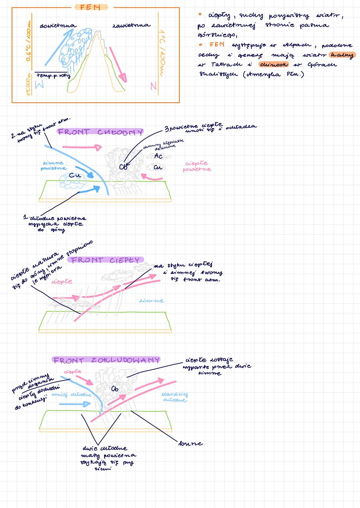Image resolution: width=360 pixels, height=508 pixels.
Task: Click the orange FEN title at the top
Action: pyautogui.click(x=90, y=7)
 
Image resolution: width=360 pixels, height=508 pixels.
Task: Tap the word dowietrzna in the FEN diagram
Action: pyautogui.click(x=58, y=26)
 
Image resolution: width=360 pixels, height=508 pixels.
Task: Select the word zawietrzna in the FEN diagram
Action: pyautogui.click(x=131, y=25)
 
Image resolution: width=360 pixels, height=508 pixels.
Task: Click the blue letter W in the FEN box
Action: pyautogui.click(x=39, y=85)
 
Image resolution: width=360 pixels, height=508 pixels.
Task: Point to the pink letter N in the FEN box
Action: pyautogui.click(x=153, y=86)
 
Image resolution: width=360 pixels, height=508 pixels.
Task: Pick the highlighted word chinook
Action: pyautogui.click(x=274, y=64)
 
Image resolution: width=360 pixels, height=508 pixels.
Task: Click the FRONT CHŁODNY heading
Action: pyautogui.click(x=100, y=132)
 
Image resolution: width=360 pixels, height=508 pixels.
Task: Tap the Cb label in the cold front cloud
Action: pyautogui.click(x=123, y=167)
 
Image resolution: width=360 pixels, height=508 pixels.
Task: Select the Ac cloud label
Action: pyautogui.click(x=158, y=156)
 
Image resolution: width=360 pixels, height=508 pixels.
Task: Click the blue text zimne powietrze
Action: pyautogui.click(x=53, y=166)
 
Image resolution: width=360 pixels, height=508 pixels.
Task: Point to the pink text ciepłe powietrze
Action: pyautogui.click(x=197, y=166)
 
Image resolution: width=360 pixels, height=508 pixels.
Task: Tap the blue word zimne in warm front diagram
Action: pyautogui.click(x=151, y=301)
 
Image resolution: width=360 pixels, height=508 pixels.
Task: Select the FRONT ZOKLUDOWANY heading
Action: pyautogui.click(x=106, y=360)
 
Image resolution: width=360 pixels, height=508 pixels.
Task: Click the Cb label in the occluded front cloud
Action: pyautogui.click(x=115, y=389)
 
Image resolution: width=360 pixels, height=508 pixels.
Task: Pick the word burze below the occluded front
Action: pyautogui.click(x=190, y=443)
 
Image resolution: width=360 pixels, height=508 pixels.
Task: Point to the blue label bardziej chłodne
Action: pyautogui.click(x=175, y=397)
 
